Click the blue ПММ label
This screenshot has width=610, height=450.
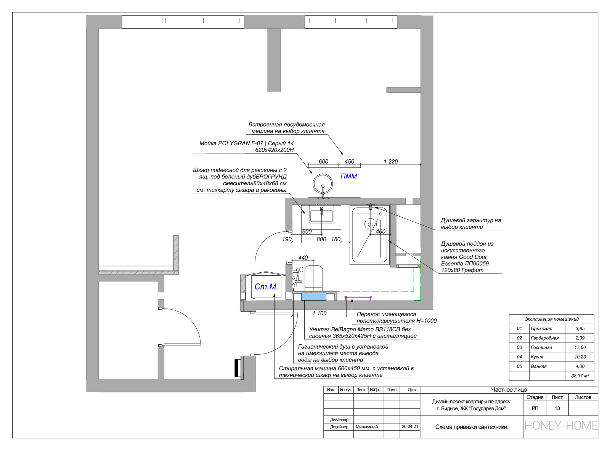pyautogui.click(x=348, y=176)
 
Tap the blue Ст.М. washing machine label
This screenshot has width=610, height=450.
pyautogui.click(x=266, y=286)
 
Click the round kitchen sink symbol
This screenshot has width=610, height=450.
pyautogui.click(x=323, y=184)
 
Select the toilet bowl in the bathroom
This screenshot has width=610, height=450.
pyautogui.click(x=313, y=278)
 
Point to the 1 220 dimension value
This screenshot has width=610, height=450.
pyautogui.click(x=390, y=162)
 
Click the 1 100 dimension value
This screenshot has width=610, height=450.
pyautogui.click(x=319, y=313)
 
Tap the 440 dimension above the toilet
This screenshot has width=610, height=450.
pyautogui.click(x=303, y=258)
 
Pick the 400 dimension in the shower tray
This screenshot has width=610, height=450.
pyautogui.click(x=380, y=231)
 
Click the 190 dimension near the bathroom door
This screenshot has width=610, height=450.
pyautogui.click(x=287, y=239)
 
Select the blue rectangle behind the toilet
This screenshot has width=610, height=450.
pyautogui.click(x=314, y=296)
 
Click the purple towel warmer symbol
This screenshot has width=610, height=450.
pyautogui.click(x=358, y=298)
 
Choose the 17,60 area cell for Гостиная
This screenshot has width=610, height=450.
pyautogui.click(x=580, y=347)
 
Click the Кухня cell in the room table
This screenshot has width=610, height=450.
pyautogui.click(x=537, y=357)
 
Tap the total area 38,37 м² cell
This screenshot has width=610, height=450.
pyautogui.click(x=580, y=376)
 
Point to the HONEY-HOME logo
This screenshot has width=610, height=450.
pyautogui.click(x=561, y=426)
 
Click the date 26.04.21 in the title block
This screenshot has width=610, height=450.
pyautogui.click(x=409, y=427)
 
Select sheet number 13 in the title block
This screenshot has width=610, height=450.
pyautogui.click(x=557, y=408)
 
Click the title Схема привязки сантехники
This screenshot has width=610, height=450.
pyautogui.click(x=472, y=427)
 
